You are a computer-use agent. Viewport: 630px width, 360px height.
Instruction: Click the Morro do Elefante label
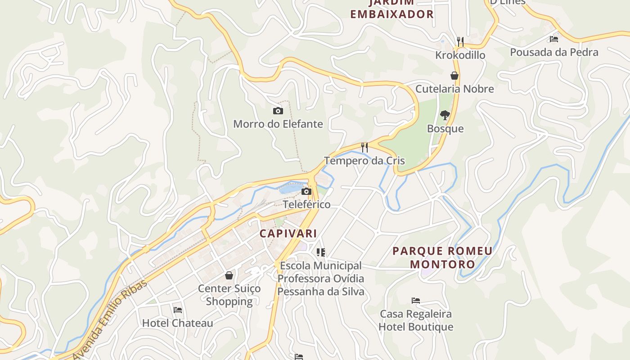(278, 124)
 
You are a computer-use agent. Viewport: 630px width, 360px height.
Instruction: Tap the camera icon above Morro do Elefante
(278, 111)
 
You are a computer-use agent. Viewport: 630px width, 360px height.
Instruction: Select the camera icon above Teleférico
(306, 191)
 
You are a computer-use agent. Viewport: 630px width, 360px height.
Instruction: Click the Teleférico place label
(306, 204)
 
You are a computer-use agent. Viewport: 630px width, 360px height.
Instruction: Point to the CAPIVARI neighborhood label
(288, 234)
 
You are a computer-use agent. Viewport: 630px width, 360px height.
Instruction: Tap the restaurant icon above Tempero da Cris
(364, 147)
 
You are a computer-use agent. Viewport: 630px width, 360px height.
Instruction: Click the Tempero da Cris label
(364, 161)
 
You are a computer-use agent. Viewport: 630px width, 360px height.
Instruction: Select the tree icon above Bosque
(445, 115)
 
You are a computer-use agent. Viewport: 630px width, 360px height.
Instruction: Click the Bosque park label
(445, 129)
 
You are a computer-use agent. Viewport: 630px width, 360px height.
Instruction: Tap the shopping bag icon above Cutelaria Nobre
(454, 76)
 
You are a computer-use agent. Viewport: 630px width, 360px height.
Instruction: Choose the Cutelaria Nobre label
(454, 89)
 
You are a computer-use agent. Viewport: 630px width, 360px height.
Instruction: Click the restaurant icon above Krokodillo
(460, 42)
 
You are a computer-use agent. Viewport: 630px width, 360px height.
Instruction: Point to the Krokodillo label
(460, 55)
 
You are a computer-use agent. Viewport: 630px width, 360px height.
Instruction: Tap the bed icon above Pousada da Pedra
(554, 39)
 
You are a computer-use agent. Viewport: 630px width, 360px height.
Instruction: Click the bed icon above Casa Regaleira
(416, 301)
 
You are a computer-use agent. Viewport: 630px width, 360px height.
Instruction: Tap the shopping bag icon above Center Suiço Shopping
(229, 275)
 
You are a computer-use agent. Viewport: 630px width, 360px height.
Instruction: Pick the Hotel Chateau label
(178, 323)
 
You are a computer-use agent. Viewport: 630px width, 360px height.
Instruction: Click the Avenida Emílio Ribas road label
(110, 320)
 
